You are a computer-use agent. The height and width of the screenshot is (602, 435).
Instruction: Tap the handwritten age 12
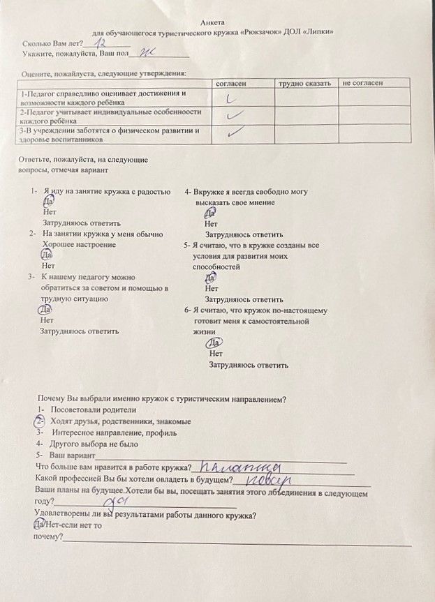(105, 43)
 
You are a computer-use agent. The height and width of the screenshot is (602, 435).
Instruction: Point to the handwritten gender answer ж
(148, 53)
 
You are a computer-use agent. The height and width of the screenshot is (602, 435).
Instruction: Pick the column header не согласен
(362, 84)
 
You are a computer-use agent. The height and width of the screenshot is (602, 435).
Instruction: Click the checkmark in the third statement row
(236, 130)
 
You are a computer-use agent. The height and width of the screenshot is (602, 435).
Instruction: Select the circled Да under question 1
(47, 201)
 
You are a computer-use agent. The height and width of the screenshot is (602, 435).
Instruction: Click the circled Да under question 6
(215, 343)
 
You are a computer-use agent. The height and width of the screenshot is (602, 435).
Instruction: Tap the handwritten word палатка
(237, 466)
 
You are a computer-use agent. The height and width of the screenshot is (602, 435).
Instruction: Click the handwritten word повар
(266, 479)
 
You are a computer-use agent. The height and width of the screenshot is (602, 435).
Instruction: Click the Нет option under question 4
(212, 225)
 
